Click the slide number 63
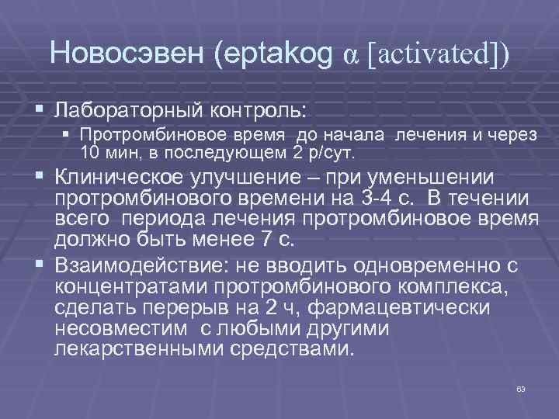point(521,388)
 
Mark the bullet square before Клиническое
point(40,178)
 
